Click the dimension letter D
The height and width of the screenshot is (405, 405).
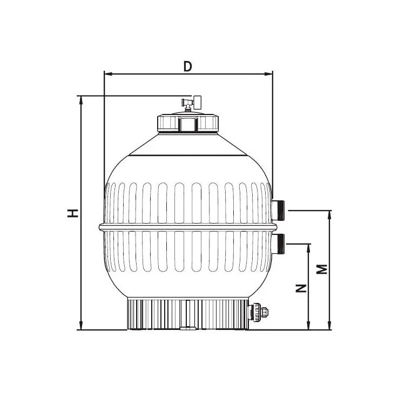187,66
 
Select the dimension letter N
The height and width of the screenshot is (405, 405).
302,287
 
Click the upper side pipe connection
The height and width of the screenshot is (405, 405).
280,210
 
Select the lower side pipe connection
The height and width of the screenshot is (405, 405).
280,244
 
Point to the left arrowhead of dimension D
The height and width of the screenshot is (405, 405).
107,73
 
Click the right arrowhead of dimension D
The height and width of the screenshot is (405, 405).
269,73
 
